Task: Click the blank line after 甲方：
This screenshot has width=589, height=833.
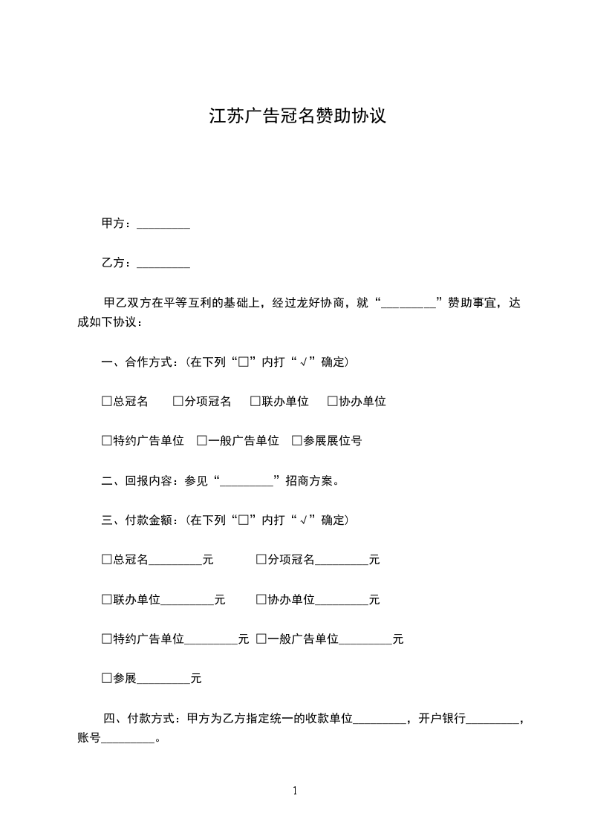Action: [x=163, y=225]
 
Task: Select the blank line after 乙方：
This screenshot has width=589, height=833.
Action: [x=163, y=264]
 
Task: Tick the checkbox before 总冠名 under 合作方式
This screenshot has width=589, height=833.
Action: [x=106, y=402]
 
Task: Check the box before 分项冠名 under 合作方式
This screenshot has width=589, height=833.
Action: [x=178, y=402]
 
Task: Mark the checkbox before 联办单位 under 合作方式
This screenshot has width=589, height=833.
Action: [x=255, y=402]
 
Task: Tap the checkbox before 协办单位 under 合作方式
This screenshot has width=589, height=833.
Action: [x=332, y=402]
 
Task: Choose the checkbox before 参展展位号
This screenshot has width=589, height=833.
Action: [x=296, y=441]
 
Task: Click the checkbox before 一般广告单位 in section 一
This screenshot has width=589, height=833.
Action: [x=201, y=441]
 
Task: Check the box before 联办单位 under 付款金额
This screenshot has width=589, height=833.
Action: [x=106, y=599]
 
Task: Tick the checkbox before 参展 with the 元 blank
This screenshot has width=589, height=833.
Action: [x=106, y=679]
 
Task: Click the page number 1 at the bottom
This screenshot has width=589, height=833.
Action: [x=295, y=791]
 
